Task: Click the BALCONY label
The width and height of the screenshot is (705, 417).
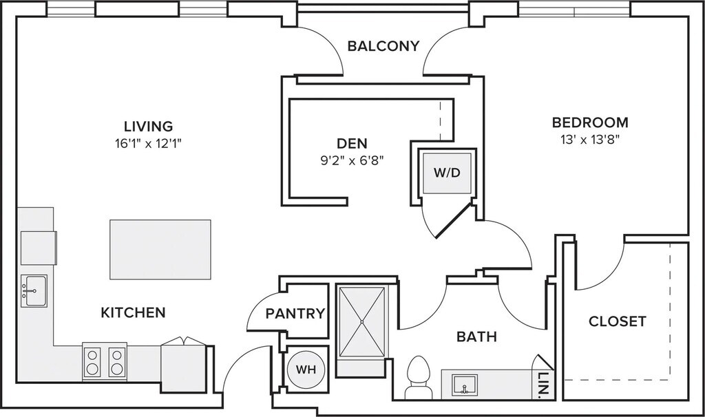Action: tap(383, 47)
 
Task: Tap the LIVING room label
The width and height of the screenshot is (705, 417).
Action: tap(148, 127)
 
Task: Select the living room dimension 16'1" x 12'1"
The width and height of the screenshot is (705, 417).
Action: tap(148, 144)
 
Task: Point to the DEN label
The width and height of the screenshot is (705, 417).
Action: tap(352, 144)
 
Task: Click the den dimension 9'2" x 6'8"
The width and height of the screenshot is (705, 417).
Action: tap(352, 161)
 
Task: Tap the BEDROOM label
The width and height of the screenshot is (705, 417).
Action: tap(590, 123)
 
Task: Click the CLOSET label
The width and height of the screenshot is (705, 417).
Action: tap(618, 321)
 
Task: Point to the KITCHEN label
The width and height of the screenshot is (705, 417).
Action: tap(134, 313)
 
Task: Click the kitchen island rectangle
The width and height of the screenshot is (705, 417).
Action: tap(160, 249)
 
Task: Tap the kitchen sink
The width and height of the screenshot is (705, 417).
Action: tap(33, 291)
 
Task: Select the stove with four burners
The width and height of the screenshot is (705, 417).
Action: tap(105, 361)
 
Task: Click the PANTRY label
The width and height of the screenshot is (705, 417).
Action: tap(295, 314)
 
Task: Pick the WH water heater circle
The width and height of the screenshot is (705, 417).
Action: tap(306, 369)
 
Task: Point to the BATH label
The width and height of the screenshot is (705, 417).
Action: tap(477, 337)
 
